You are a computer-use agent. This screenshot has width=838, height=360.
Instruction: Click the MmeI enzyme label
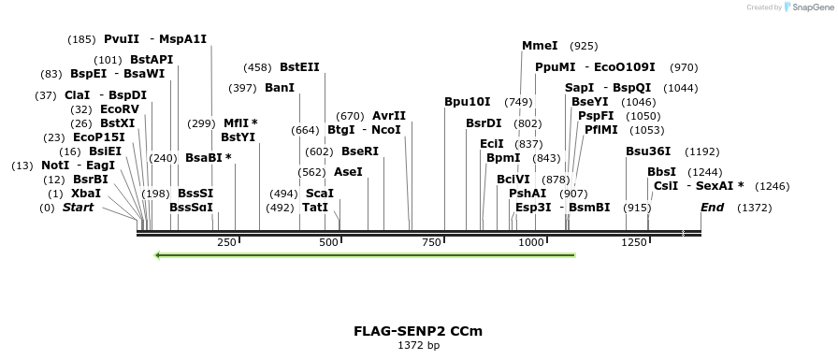540,46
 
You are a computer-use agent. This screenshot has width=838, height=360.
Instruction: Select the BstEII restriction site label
299,67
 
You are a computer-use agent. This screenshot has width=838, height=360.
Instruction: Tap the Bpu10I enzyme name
467,102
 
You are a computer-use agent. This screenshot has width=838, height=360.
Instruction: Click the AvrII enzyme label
389,116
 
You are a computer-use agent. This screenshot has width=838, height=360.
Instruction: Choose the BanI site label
280,88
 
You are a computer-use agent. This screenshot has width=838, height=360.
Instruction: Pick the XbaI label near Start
85,194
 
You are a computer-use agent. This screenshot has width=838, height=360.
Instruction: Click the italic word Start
78,208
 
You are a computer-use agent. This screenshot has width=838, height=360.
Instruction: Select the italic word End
712,208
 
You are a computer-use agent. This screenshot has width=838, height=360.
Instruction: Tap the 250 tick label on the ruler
226,243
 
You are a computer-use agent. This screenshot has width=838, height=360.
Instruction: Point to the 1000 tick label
531,243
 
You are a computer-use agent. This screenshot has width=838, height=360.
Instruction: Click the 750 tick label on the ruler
430,243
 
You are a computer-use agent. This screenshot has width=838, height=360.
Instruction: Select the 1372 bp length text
418,346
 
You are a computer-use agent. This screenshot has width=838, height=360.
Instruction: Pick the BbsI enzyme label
661,172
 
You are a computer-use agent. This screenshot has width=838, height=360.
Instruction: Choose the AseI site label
348,172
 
